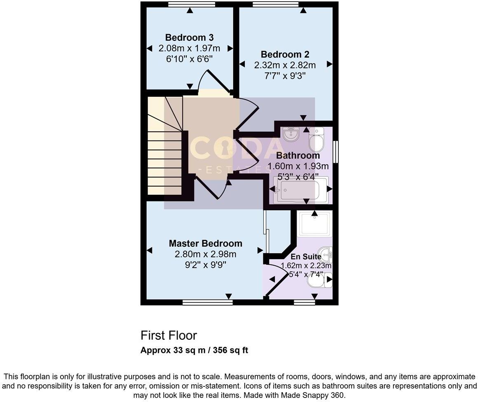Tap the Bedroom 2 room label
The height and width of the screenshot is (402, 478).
[x=285, y=54]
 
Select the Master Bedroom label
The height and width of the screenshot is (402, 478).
[x=205, y=243]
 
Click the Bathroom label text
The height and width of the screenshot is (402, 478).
[x=298, y=156]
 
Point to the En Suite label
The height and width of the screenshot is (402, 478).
[x=306, y=257]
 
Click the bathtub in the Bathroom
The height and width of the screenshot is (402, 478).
[x=300, y=190]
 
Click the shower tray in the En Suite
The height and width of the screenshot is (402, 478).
[x=314, y=224]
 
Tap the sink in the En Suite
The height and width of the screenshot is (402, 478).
[x=328, y=255]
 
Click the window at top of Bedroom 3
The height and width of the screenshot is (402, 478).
[x=192, y=5]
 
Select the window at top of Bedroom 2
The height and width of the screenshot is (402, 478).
[x=275, y=5]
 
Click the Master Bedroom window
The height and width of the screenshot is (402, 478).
[x=207, y=303]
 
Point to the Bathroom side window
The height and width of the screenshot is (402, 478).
[x=336, y=152]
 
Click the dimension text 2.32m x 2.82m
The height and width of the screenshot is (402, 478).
[x=285, y=65]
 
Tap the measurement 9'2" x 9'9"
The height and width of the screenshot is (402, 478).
[x=205, y=264]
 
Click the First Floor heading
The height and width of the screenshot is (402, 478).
[x=169, y=335]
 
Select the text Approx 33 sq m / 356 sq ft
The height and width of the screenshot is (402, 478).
[x=194, y=351]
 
